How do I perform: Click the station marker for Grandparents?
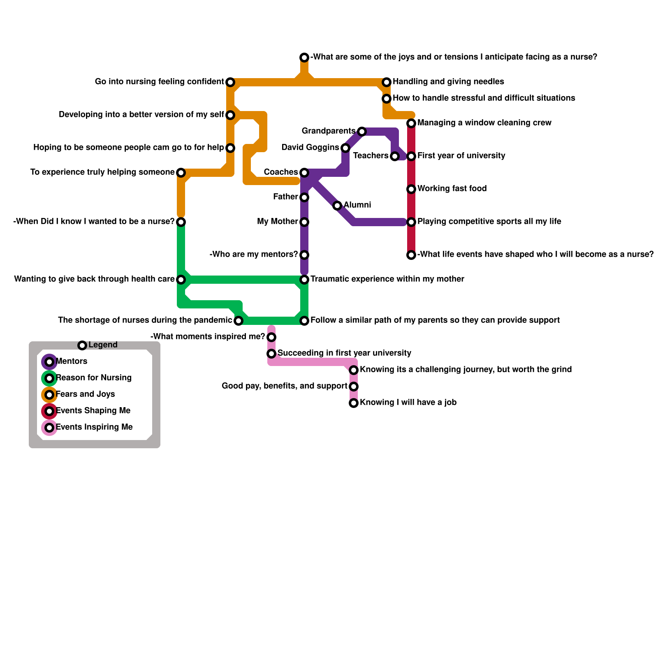361,132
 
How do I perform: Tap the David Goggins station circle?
345,148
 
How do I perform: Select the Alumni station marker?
337,206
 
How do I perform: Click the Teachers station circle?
395,156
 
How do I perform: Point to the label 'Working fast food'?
452,189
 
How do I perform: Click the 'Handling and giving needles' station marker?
387,82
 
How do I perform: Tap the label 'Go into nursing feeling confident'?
159,82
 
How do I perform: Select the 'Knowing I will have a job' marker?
354,403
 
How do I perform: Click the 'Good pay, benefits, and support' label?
284,386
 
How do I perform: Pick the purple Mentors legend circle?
49,362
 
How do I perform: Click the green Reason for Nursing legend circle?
49,378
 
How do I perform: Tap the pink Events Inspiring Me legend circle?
49,428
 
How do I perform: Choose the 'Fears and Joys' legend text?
85,394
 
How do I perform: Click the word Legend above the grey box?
103,345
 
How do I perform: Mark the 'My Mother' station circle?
304,222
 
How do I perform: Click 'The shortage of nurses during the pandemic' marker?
239,321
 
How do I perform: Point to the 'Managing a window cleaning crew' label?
484,123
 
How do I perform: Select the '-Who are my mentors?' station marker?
304,255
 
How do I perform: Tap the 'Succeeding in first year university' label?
344,353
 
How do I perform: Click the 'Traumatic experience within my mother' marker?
304,280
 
